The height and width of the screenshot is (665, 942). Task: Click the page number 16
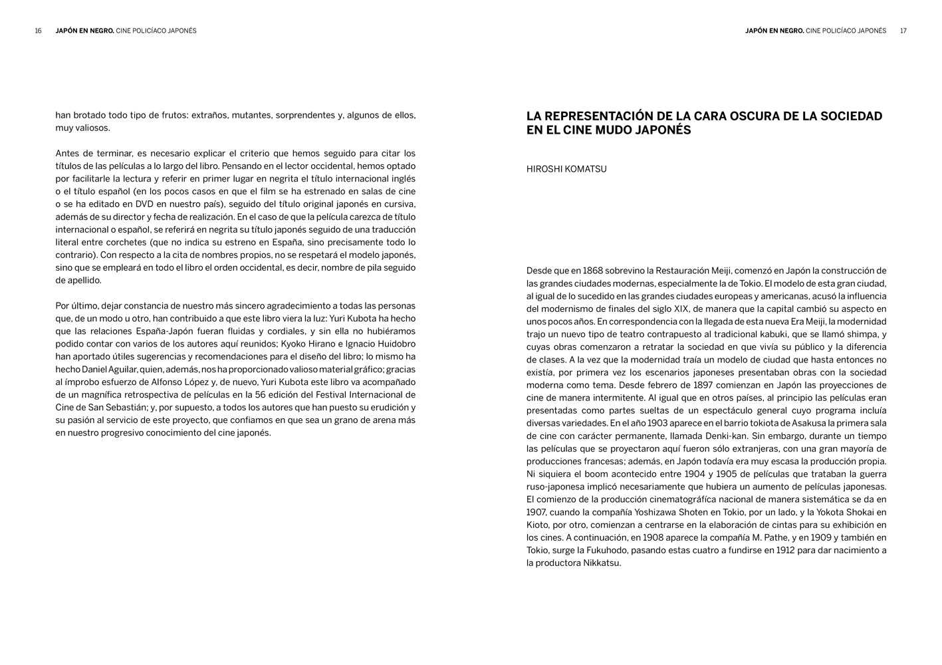click(39, 31)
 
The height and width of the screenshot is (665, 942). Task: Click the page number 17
click(903, 31)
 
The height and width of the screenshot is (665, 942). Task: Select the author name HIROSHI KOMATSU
click(566, 170)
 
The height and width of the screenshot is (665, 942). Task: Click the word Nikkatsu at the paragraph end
click(601, 563)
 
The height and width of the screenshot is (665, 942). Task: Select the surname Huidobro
click(396, 344)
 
